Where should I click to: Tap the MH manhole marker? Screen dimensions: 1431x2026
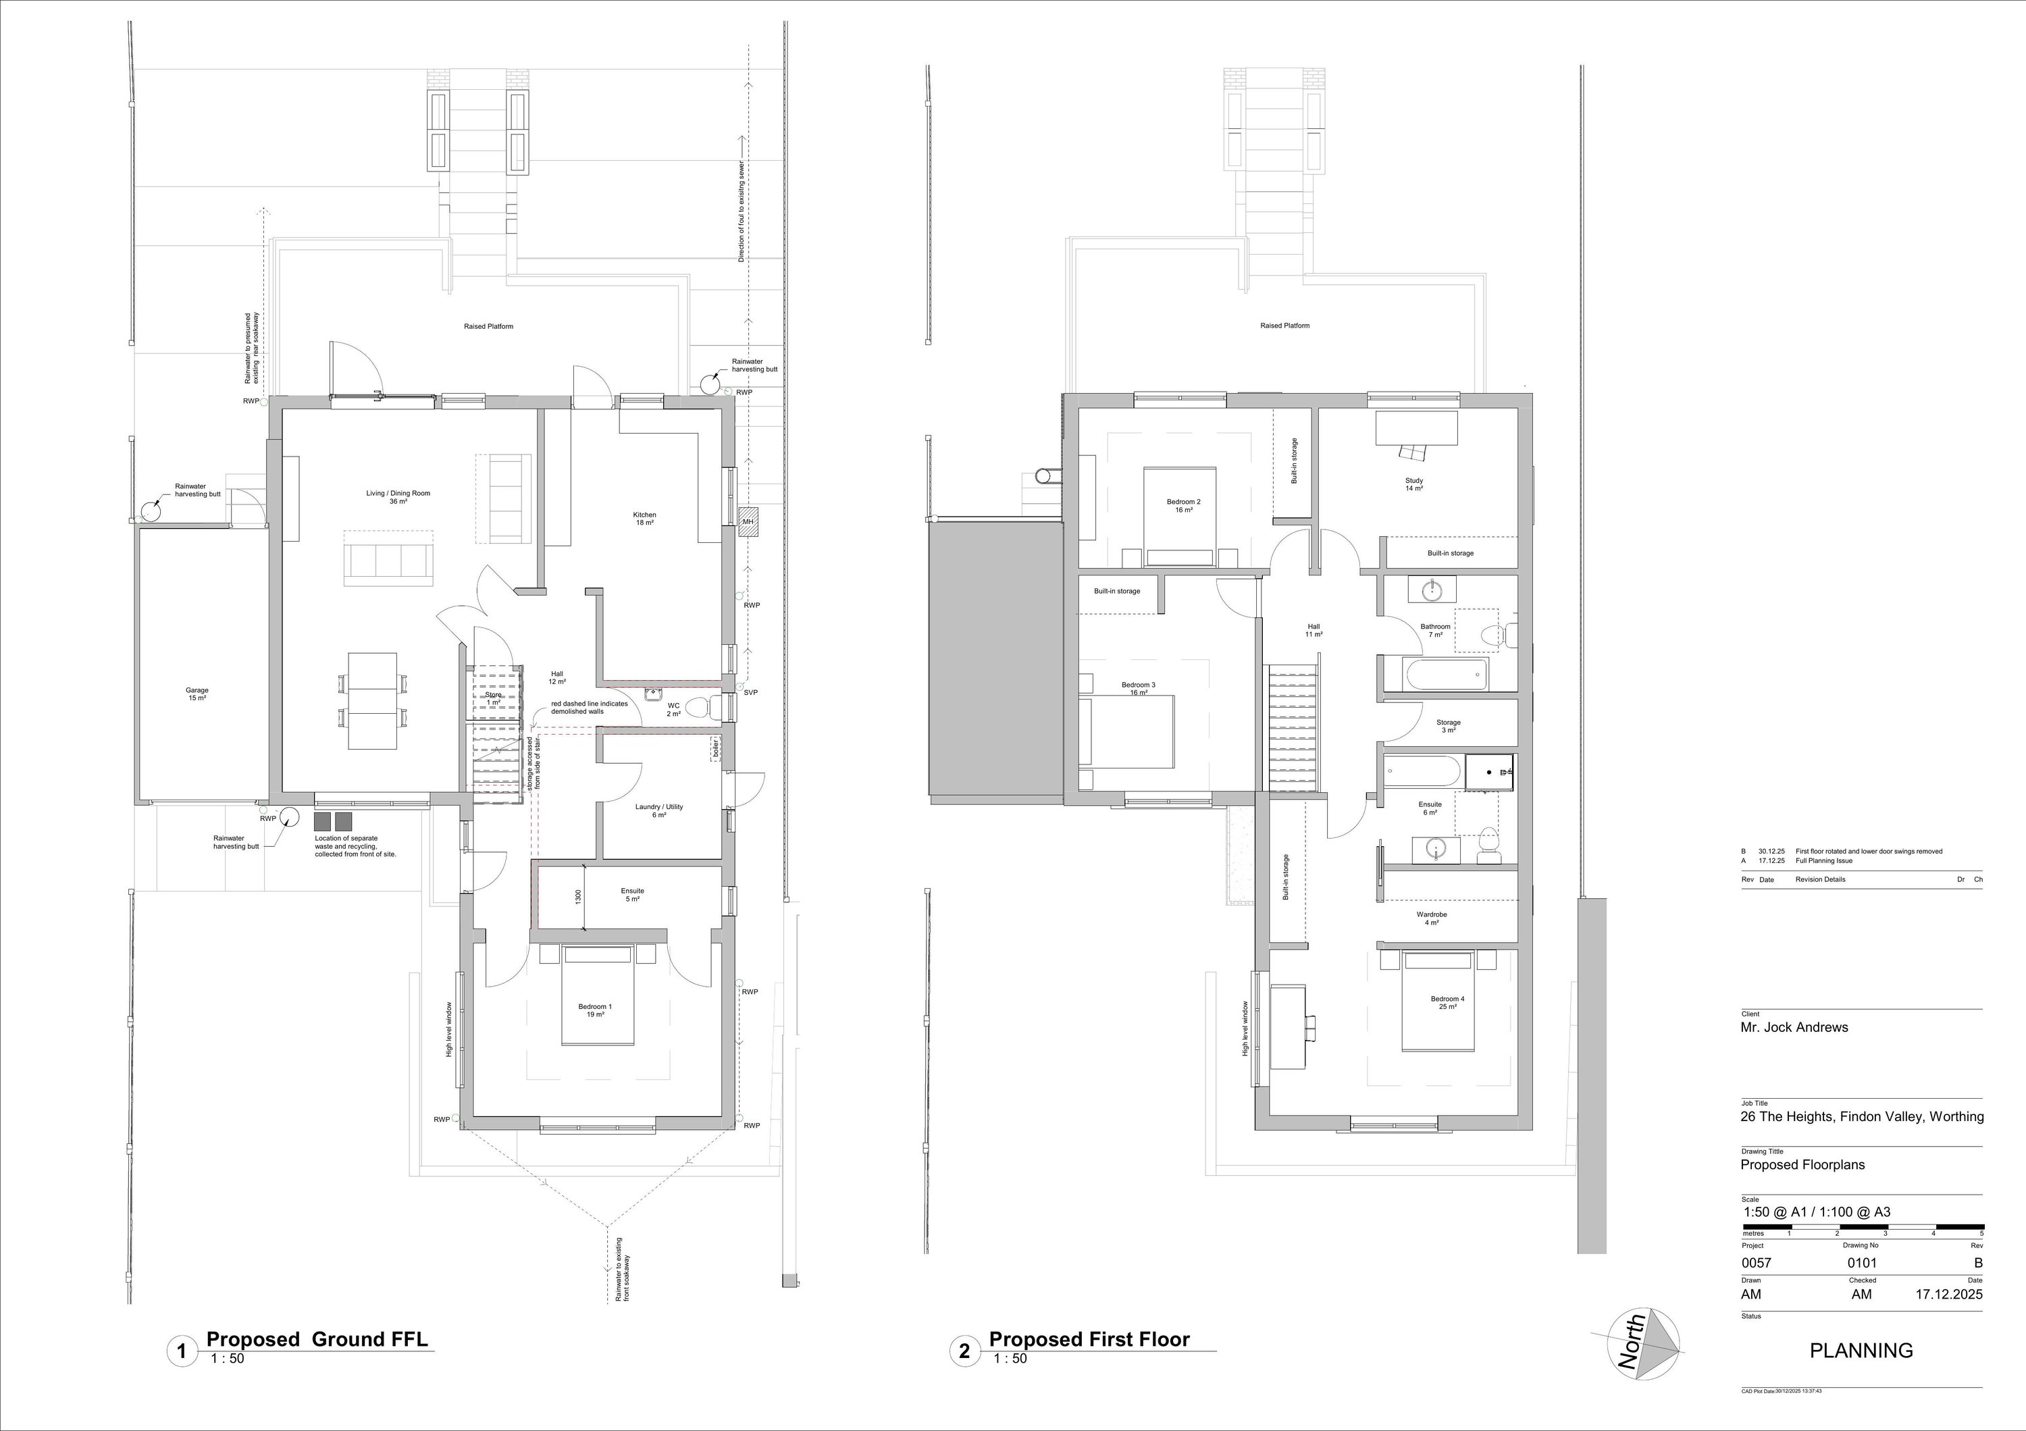[748, 521]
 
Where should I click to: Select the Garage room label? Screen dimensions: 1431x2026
[197, 694]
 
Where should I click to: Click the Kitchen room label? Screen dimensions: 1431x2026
[644, 519]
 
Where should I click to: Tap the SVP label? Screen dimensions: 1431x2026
[750, 693]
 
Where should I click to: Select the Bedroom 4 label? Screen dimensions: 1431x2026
[1447, 1002]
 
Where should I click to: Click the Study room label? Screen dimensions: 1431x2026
[1413, 484]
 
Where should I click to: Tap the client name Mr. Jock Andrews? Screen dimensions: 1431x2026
[1794, 1027]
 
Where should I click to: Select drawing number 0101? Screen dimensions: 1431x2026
[1863, 1262]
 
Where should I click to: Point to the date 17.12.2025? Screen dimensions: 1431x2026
[1948, 1295]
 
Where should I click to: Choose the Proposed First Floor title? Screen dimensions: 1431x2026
[1089, 1339]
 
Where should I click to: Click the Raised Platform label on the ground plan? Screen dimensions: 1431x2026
[488, 326]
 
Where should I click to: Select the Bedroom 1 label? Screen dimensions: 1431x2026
[595, 1010]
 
